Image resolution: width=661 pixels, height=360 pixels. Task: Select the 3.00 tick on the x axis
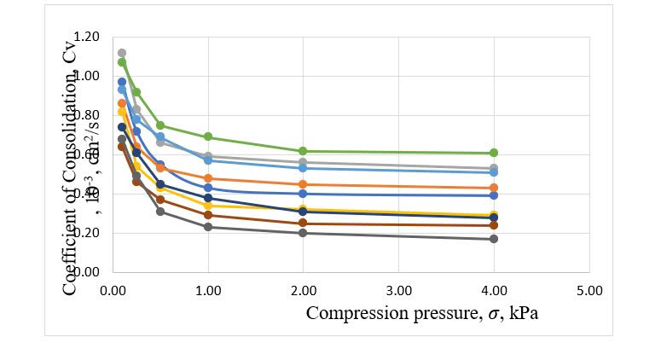coord(398,289)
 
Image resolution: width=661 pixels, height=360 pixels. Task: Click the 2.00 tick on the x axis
coord(303,289)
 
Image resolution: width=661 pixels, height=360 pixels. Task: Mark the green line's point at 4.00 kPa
coord(494,153)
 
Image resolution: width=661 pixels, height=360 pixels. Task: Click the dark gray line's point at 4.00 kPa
coord(494,239)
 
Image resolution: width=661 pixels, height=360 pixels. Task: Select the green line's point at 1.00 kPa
coord(208,137)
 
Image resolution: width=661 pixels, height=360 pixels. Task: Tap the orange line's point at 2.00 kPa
coord(303,184)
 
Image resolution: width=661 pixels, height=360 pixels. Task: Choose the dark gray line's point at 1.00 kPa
coord(208,227)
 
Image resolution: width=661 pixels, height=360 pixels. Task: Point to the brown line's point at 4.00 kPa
coord(494,225)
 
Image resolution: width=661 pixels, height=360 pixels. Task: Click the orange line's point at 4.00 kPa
coord(494,188)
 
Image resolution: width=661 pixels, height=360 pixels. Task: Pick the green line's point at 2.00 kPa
coord(303,151)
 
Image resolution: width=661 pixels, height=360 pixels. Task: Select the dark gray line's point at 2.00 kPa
coord(303,233)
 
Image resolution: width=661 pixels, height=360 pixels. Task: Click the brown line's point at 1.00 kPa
coord(208,215)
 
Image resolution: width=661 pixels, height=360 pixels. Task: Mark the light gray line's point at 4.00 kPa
coord(494,168)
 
